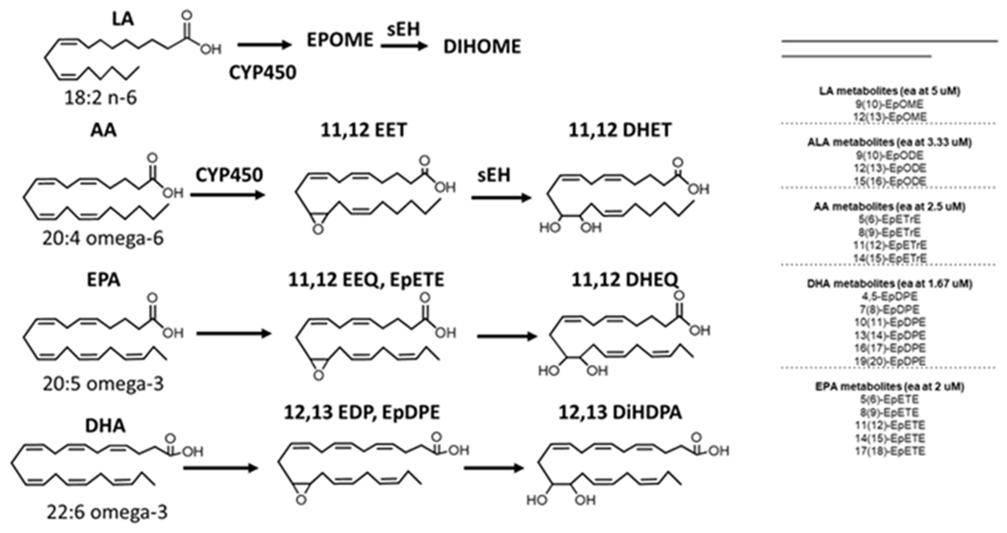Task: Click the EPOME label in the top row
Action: pyautogui.click(x=340, y=40)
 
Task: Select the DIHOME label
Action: pyautogui.click(x=482, y=47)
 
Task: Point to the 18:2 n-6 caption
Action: pyautogui.click(x=101, y=97)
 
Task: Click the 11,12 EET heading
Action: pyautogui.click(x=364, y=130)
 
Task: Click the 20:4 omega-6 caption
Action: pyautogui.click(x=103, y=238)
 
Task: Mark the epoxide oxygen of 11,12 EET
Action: pyautogui.click(x=318, y=229)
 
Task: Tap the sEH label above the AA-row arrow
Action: pyautogui.click(x=494, y=175)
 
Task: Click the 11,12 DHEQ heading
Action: pyautogui.click(x=624, y=280)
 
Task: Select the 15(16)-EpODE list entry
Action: pyautogui.click(x=889, y=181)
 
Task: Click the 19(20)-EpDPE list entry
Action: pyautogui.click(x=889, y=361)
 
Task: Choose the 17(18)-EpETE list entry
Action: pyautogui.click(x=889, y=451)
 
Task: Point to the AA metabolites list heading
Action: pyautogui.click(x=889, y=206)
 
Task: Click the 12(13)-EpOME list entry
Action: pyautogui.click(x=889, y=117)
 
